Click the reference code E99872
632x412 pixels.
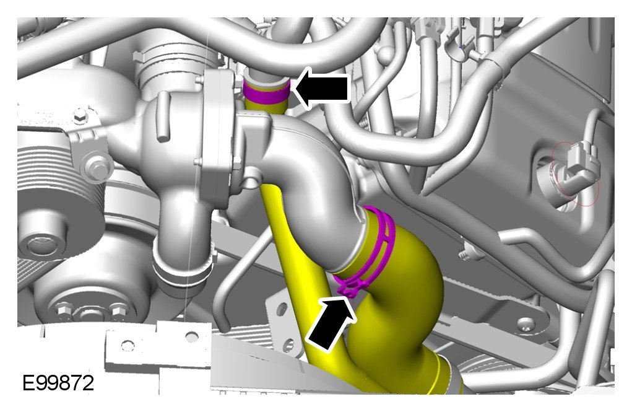58,382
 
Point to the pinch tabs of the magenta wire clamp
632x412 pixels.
348,288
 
